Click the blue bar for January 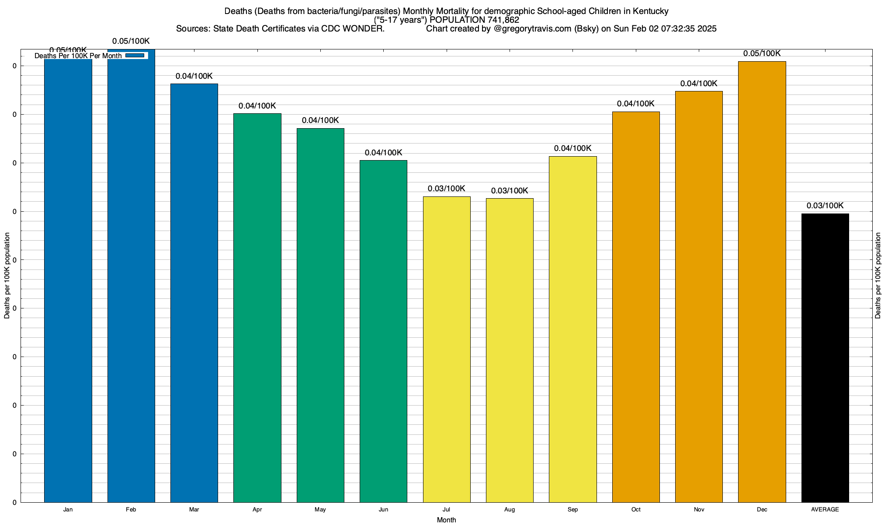68,280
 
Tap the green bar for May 320,315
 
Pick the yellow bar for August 510,350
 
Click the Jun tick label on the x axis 383,510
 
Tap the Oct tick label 636,510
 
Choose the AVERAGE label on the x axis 825,510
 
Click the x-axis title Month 446,520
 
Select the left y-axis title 7,276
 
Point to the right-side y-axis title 878,276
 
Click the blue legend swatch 135,56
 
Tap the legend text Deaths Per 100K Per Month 78,56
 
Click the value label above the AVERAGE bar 825,206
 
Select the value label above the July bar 446,189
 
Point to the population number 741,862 503,20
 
